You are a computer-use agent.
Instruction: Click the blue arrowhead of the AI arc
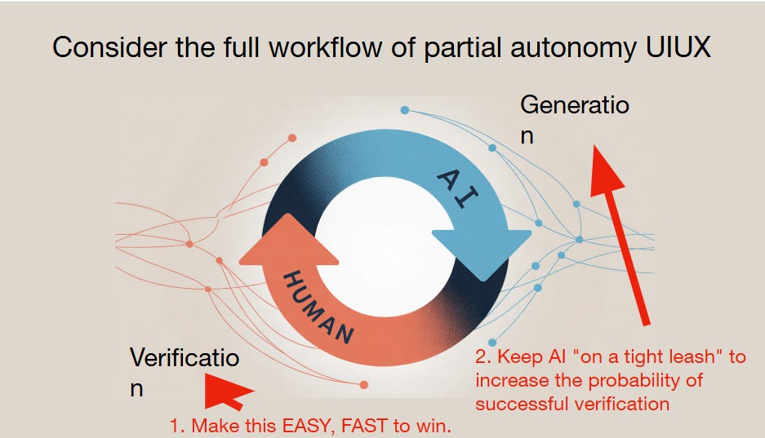coord(482,248)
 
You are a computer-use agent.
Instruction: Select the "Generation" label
coord(574,119)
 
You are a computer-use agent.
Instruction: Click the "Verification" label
coord(185,372)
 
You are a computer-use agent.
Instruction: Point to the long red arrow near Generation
coord(622,232)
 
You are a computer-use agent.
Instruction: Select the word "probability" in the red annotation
coord(637,380)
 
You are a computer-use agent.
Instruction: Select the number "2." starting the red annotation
coord(483,357)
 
